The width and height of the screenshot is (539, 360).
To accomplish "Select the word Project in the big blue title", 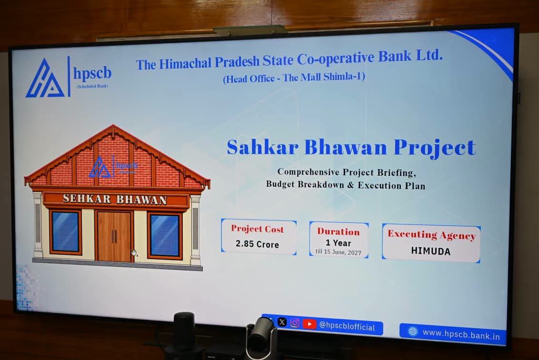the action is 435,148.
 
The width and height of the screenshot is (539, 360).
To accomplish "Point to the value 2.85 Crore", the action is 257,244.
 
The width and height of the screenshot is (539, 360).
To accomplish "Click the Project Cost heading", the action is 258,229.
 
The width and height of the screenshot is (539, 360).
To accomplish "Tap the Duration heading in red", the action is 339,232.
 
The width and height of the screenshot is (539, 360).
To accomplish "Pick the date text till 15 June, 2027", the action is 339,252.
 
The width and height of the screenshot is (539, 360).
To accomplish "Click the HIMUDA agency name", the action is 431,251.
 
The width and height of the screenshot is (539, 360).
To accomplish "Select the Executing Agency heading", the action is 432,235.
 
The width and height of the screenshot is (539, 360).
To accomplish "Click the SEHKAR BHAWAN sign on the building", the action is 115,199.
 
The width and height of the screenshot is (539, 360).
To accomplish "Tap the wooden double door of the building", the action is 114,236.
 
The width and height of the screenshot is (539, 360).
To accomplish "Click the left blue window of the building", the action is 65,231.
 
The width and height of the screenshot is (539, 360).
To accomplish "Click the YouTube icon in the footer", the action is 309,324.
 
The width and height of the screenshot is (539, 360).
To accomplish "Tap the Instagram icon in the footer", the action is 295,323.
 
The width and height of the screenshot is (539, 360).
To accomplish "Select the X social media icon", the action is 282,322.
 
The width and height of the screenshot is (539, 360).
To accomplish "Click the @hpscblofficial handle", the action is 347,326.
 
